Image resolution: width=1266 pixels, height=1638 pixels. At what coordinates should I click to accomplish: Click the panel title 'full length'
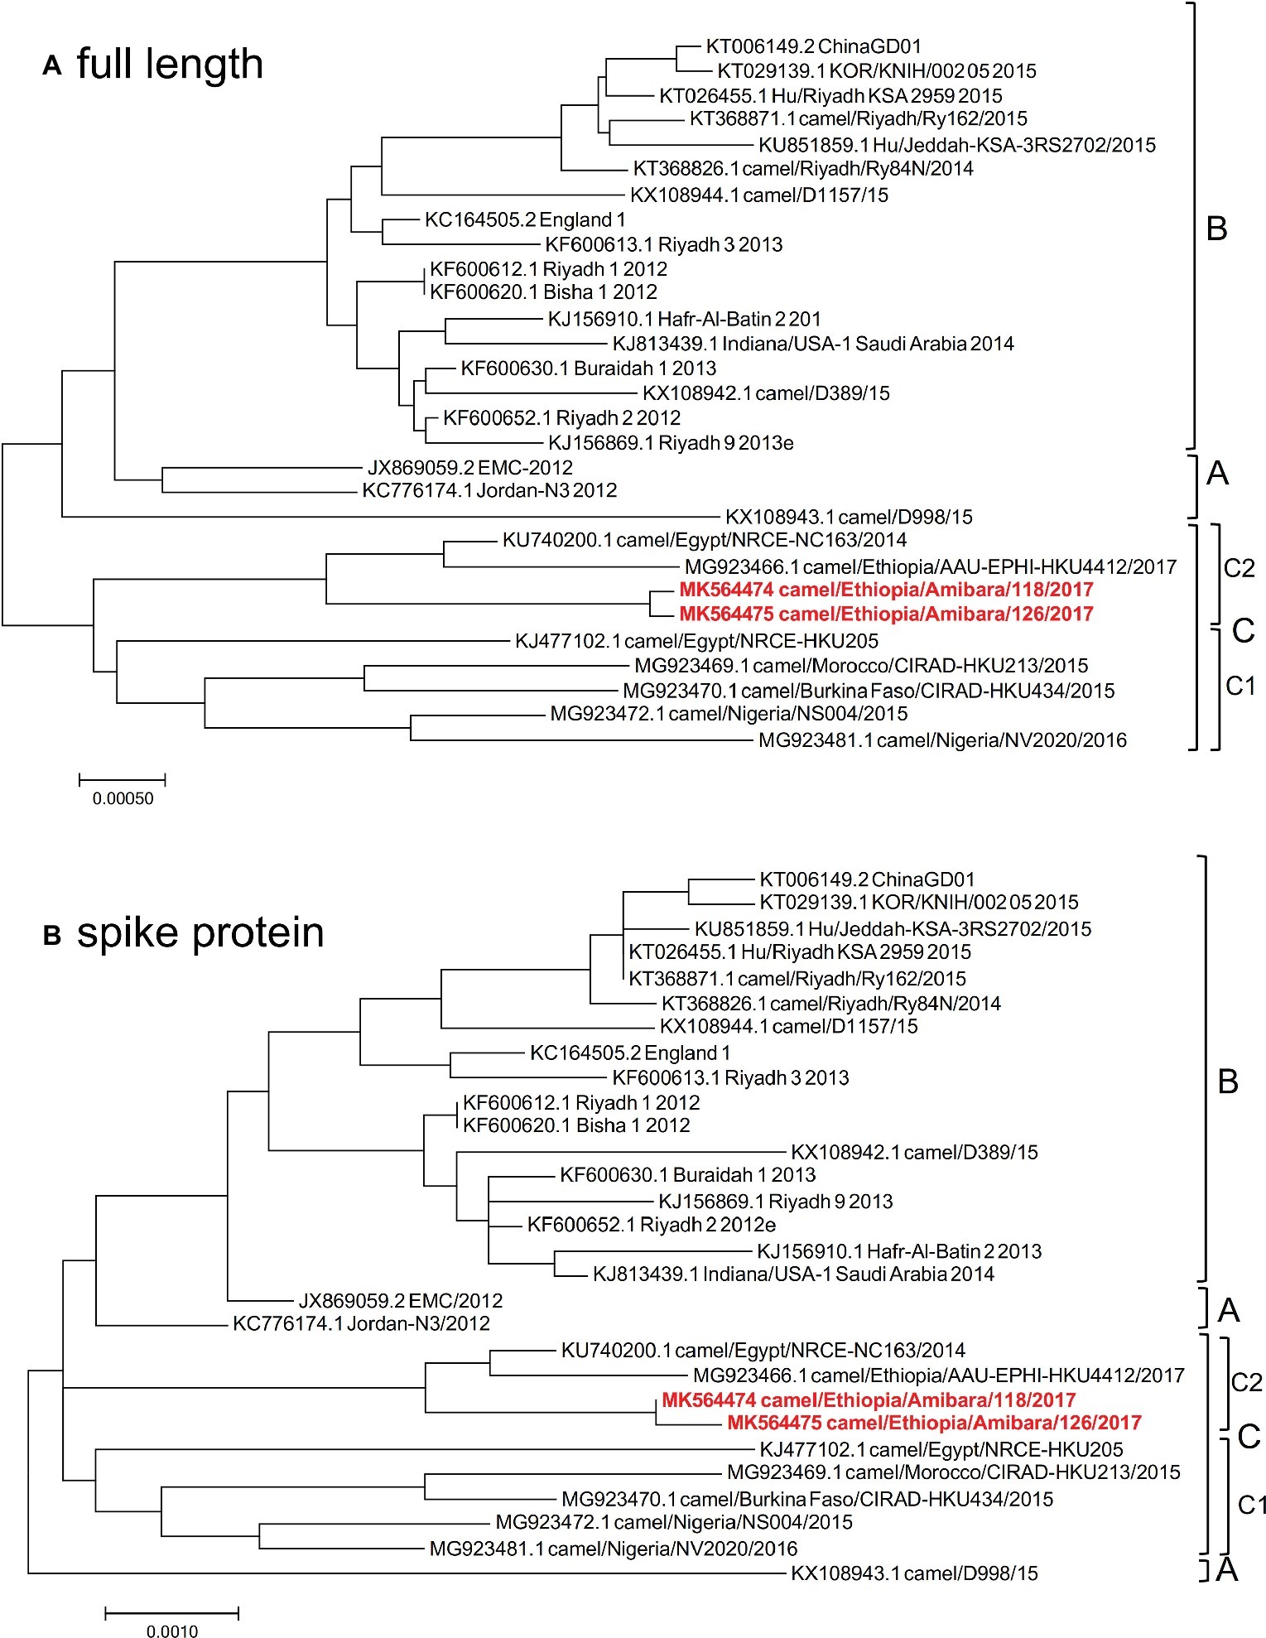[170, 64]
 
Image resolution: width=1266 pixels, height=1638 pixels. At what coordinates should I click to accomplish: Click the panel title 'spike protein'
[200, 933]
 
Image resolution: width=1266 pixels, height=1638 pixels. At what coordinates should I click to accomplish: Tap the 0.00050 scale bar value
[123, 799]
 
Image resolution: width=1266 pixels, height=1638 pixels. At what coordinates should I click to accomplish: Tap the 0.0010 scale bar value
[172, 1631]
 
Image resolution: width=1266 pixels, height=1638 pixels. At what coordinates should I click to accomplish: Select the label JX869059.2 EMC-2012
[470, 468]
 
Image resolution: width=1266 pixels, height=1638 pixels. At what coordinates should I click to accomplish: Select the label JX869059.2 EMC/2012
[401, 1301]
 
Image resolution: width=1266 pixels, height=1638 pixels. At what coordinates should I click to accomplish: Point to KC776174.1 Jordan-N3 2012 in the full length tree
[489, 491]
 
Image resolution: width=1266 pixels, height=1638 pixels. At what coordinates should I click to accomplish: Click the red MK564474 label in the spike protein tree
[869, 1400]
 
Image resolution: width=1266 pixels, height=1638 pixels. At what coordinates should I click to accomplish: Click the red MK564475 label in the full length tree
[886, 614]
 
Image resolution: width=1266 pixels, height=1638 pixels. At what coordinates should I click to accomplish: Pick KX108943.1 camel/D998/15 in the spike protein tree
[914, 1573]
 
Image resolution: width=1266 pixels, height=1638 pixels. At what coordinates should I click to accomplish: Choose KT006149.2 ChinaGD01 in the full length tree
[813, 47]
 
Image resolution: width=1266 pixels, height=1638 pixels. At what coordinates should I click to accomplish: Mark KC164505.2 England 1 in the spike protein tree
[630, 1053]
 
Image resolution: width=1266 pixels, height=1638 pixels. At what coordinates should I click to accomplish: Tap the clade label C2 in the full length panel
[1239, 568]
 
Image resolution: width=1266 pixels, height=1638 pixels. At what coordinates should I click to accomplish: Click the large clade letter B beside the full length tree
[1216, 229]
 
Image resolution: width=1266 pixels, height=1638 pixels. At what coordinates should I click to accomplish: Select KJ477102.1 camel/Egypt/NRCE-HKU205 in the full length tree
[696, 641]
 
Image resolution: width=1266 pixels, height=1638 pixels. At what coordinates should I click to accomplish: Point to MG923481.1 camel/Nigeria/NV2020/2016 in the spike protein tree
[613, 1549]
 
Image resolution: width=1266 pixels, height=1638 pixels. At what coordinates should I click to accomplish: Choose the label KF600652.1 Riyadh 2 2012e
[652, 1225]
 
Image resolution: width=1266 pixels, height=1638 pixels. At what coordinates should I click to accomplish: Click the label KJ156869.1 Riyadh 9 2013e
[671, 444]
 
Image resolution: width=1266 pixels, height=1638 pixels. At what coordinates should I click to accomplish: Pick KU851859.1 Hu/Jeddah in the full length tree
[957, 146]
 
